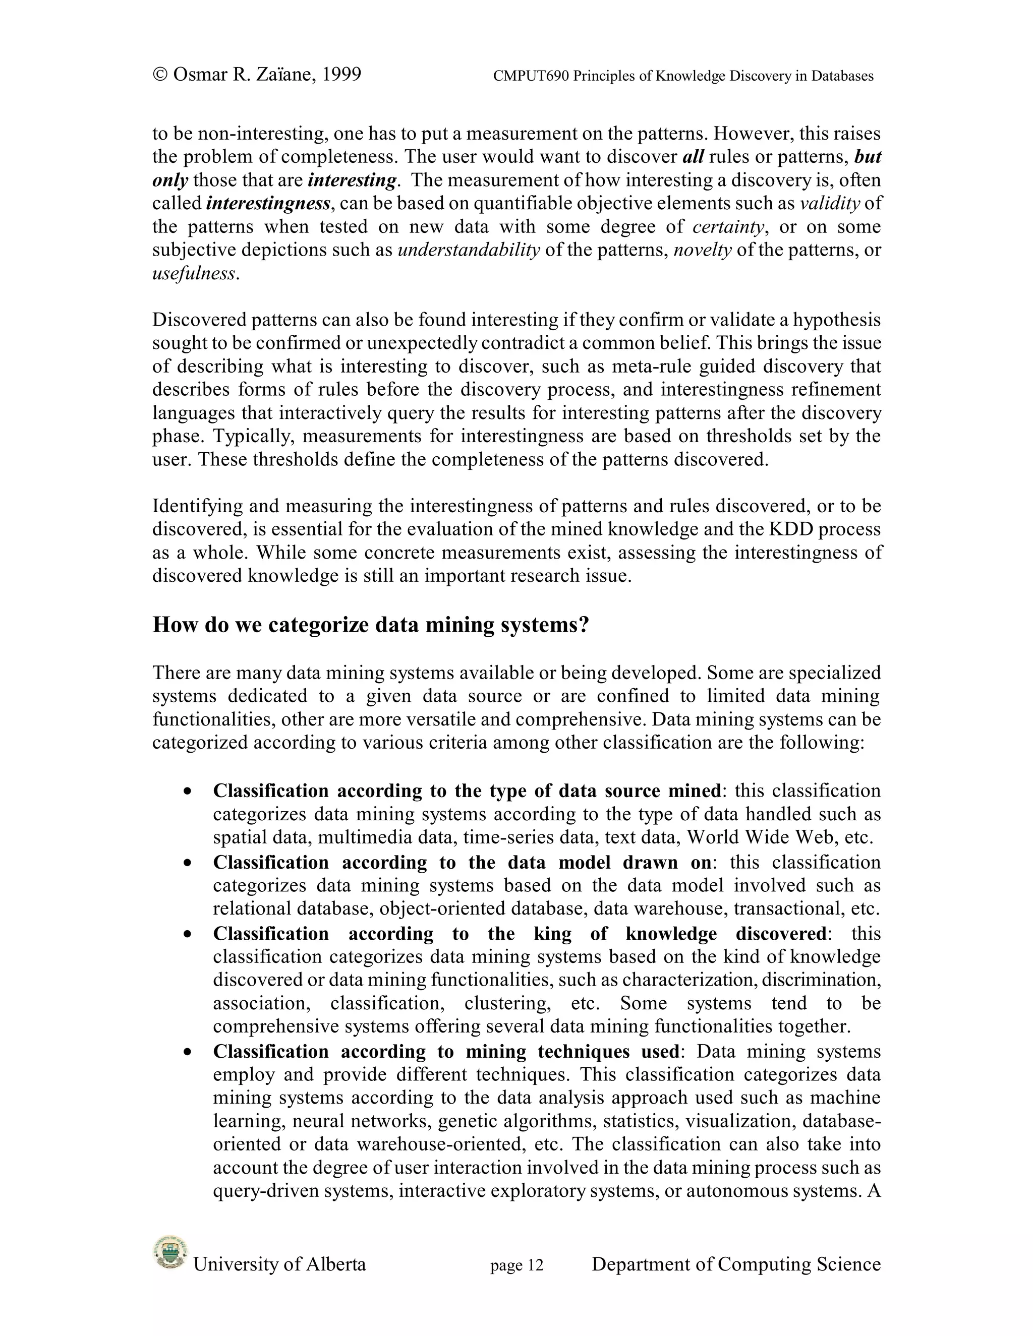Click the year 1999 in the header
pos(341,75)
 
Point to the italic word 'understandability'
pos(469,250)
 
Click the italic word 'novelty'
pos(703,250)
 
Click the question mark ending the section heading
pos(583,625)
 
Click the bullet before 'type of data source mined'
pos(188,792)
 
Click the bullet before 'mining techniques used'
pos(188,1053)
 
